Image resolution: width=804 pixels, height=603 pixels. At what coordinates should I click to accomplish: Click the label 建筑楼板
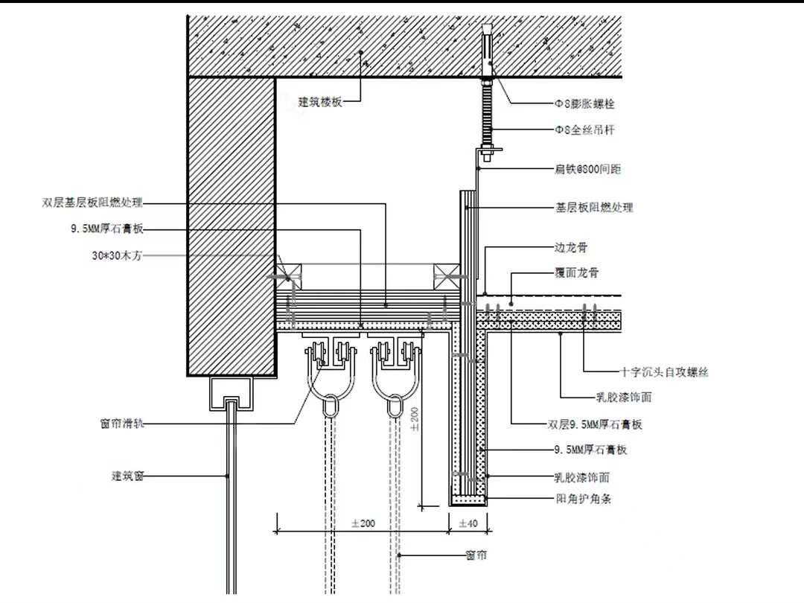click(x=320, y=102)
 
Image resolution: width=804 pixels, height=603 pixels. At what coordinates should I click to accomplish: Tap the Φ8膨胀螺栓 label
click(x=585, y=103)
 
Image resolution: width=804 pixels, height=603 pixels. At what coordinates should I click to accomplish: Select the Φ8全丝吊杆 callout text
click(x=585, y=130)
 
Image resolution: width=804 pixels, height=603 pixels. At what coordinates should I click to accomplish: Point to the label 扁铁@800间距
click(x=588, y=170)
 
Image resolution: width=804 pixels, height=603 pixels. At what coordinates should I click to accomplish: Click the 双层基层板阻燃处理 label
click(x=92, y=202)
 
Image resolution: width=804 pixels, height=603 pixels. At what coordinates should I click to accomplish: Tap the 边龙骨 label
click(x=571, y=247)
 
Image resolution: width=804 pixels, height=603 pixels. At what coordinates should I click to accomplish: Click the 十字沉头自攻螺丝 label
click(x=664, y=371)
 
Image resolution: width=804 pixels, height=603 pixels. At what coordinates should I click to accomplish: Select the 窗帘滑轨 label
click(x=122, y=424)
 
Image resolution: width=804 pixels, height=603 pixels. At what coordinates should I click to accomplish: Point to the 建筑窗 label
click(x=127, y=476)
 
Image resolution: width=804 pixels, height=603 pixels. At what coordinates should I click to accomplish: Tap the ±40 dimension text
click(x=468, y=524)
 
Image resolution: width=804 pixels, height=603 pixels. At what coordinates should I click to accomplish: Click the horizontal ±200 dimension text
click(x=363, y=524)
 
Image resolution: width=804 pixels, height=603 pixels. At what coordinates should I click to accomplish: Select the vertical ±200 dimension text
click(x=414, y=418)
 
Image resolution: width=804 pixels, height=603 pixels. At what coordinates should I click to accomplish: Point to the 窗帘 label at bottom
click(x=476, y=555)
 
